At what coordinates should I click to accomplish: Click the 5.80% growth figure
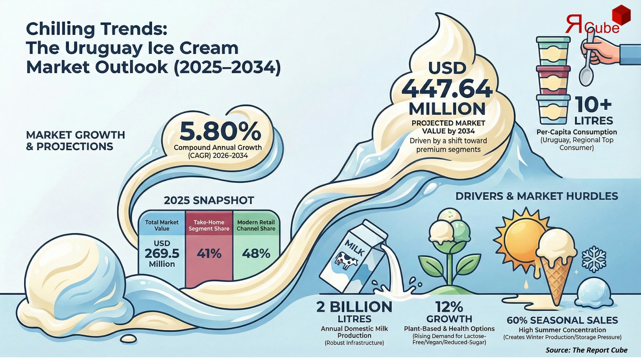coord(220,132)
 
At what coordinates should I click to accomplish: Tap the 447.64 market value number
coord(447,88)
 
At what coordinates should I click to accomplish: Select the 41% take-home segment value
coord(209,254)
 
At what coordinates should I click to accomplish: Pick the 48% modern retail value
coord(256,254)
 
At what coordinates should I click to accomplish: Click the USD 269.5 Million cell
coord(162,254)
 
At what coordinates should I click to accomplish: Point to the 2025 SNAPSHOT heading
coord(209,200)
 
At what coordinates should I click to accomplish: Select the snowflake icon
coord(593,258)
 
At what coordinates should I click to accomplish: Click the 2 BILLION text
coord(354,307)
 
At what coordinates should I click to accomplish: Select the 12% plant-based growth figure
coord(449,307)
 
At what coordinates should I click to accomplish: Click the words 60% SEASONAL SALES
coord(562,320)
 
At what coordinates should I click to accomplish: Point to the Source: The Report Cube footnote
coord(586,350)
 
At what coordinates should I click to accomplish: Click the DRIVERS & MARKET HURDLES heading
coord(537,196)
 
